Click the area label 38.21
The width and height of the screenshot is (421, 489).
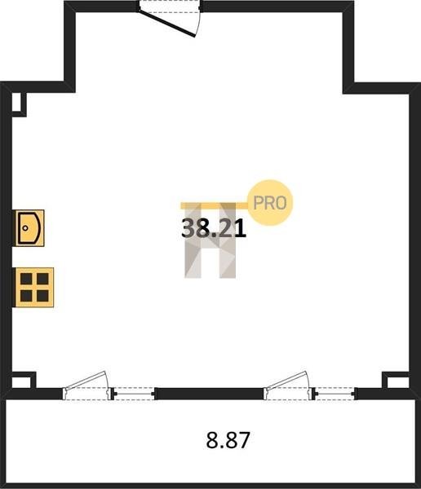pos(214,228)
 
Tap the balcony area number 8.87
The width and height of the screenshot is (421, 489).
pos(228,440)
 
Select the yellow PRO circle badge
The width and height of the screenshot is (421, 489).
pos(270,203)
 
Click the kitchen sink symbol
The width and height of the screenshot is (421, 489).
pos(29,228)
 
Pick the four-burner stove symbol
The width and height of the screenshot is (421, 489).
pos(34,287)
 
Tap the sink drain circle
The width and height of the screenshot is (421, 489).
pos(25,228)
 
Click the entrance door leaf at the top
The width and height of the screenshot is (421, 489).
pos(167,24)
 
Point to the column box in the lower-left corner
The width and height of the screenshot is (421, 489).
pos(23,381)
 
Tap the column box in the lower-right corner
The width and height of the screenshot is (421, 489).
pos(396,381)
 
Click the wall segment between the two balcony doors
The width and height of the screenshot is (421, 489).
pos(209,394)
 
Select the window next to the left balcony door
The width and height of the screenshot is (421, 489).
pos(133,394)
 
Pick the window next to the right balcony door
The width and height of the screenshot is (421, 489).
pos(335,394)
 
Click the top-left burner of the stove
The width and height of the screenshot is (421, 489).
pos(26,279)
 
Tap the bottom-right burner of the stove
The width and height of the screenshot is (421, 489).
pos(42,296)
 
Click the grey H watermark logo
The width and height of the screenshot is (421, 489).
pos(210,240)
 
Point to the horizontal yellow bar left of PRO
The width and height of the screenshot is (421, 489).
pos(215,205)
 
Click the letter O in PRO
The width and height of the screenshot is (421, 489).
pos(281,203)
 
